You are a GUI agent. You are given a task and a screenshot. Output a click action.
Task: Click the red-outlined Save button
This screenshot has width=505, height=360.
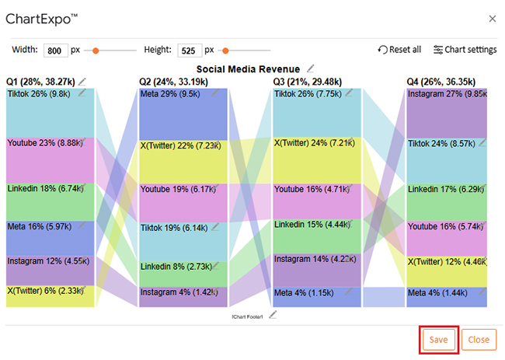click(438, 340)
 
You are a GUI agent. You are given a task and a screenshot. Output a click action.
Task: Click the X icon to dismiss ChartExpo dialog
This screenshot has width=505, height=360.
click(492, 18)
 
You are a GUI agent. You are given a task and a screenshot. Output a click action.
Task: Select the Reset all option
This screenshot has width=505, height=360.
click(399, 50)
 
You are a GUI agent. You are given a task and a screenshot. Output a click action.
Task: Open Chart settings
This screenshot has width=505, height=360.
click(465, 50)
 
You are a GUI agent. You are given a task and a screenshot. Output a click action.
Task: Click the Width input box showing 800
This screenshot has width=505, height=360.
click(56, 50)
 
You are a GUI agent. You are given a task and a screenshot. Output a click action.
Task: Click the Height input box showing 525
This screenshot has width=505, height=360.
click(190, 50)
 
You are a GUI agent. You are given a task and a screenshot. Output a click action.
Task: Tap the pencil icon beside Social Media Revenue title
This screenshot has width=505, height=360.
click(311, 68)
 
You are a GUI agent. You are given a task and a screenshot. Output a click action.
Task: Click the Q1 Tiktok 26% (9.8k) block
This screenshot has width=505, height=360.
click(50, 113)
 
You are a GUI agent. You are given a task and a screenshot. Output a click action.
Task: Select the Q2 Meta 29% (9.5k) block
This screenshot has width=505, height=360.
click(183, 113)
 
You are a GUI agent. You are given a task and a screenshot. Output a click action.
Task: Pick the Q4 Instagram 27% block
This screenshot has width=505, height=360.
click(447, 113)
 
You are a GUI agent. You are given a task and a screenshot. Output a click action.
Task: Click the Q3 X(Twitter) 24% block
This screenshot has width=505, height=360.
click(317, 160)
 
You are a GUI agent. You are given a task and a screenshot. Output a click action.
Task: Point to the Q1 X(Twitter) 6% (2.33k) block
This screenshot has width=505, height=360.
click(50, 296)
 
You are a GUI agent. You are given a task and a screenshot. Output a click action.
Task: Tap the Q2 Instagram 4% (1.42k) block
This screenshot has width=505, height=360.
click(183, 296)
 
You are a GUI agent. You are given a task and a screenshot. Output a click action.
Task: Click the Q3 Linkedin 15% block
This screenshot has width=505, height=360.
click(317, 236)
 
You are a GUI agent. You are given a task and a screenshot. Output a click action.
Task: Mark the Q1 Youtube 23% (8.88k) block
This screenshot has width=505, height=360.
click(50, 160)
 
